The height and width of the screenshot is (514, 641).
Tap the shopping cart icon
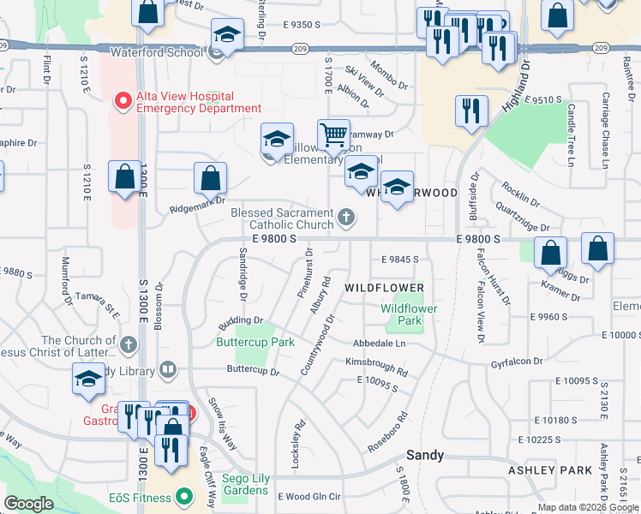click(333, 134)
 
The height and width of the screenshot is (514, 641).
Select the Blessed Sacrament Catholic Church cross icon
click(346, 217)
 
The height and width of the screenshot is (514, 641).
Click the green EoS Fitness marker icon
click(183, 496)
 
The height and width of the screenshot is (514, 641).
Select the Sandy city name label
click(425, 455)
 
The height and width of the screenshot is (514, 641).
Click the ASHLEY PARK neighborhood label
click(562, 470)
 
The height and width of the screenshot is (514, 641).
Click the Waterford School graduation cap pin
click(227, 34)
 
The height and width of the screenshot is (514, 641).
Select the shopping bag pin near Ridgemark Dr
click(210, 178)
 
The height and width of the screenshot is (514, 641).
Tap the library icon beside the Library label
click(168, 370)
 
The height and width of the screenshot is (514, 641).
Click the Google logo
click(29, 505)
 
